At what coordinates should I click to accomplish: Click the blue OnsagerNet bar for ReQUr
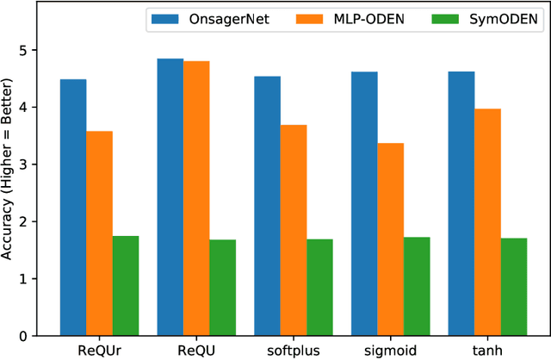pos(73,207)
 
